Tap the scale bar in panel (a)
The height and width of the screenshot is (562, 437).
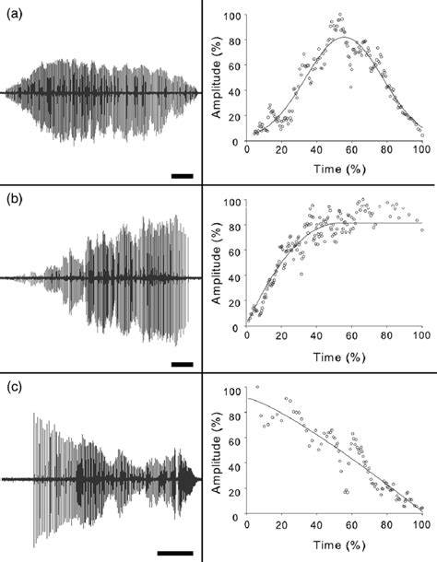click(182, 173)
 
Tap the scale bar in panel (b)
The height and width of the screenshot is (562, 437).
click(182, 364)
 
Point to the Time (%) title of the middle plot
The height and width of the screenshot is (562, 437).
click(334, 358)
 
